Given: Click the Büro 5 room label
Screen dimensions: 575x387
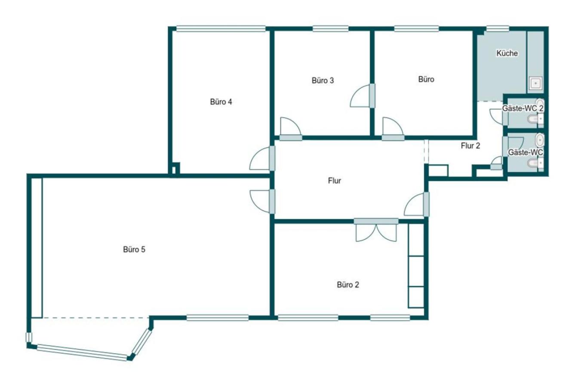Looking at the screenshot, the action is pos(134,249).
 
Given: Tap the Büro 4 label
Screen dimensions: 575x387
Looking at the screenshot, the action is pos(221,102).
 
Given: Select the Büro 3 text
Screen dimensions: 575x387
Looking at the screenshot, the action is pos(323,80).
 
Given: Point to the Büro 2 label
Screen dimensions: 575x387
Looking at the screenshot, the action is pos(348,285).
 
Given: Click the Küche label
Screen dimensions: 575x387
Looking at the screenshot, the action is pos(507,53).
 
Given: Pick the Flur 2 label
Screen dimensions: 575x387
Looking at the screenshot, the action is pos(470,146).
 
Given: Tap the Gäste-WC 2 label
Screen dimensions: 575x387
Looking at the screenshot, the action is pos(523,108).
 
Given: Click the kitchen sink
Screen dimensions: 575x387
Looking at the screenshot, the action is pos(535,83).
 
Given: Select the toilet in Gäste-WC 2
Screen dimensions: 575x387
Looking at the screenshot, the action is pos(535,119).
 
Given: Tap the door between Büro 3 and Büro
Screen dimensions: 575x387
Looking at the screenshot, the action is pos(363,96).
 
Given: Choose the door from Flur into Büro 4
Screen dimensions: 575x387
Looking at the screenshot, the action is pos(262,158).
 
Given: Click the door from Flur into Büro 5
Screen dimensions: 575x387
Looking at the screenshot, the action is pos(262,202).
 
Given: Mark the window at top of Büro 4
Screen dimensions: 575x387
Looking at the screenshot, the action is pos(221,28).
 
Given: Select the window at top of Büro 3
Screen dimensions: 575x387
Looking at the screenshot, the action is pos(330,28).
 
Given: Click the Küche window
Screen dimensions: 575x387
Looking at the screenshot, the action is pos(498,28).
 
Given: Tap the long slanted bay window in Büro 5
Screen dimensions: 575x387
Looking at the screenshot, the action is pos(82,352).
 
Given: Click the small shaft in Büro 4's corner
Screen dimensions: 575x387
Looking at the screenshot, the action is pos(175,169).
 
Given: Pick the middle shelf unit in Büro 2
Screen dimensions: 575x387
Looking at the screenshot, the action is pos(416,271).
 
